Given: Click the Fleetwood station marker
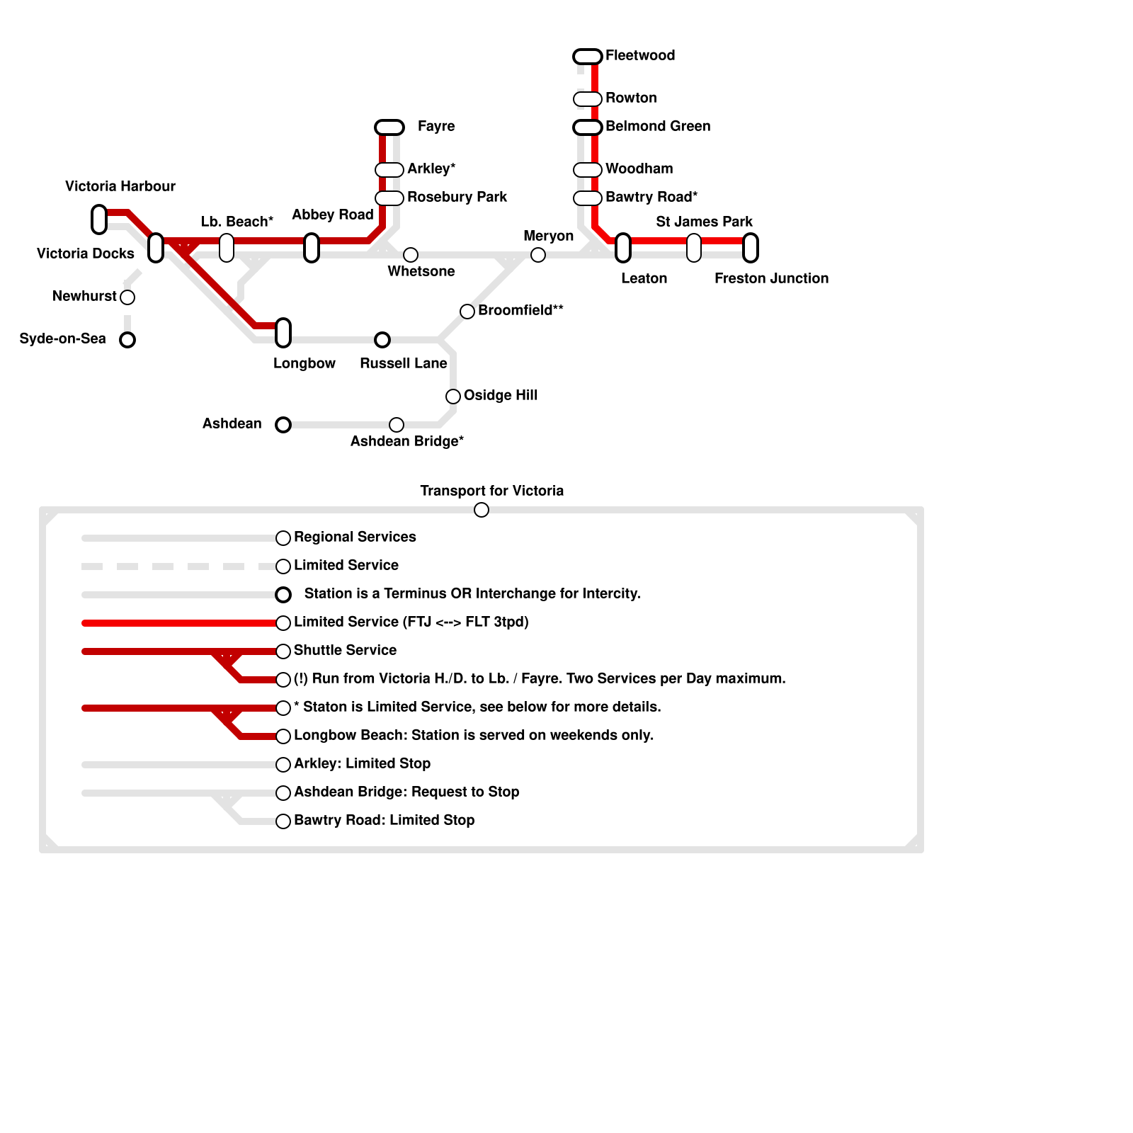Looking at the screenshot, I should point(588,57).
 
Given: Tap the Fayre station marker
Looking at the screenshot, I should point(389,127).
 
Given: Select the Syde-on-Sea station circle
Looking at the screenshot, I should point(127,340).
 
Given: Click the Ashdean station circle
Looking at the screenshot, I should point(283,425).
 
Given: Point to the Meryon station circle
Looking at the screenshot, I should point(538,255).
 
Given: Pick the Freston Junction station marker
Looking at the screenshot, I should point(751,248).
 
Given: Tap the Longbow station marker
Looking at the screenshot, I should point(283,333).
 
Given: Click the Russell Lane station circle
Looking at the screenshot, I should point(382,340).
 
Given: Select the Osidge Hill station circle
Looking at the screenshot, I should point(453,397).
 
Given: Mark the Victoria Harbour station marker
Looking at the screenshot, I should point(99,220).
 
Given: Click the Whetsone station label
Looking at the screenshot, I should point(421,271).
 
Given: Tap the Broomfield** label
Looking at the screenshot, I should point(520,310).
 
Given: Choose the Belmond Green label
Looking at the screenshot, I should point(658,126).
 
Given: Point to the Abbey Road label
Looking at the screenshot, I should point(333,215).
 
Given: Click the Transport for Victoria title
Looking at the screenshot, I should point(492,491).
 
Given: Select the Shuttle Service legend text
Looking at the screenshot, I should point(345,650).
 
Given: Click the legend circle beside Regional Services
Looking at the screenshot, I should point(283,538).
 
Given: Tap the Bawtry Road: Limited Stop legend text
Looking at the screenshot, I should point(384,820).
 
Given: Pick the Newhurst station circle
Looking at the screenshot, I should point(127,297).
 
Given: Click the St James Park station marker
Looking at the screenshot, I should point(694,248).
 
